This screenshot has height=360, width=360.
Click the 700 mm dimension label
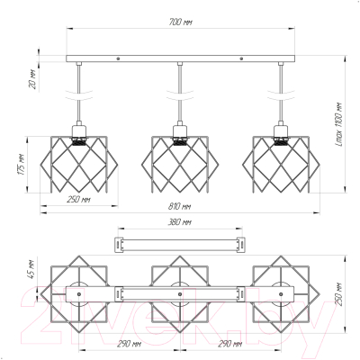coord(180,22)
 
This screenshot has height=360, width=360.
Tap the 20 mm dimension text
coord(33,79)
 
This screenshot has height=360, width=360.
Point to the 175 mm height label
coord(22,165)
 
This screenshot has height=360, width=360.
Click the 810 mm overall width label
coord(179,206)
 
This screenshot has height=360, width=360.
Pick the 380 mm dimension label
coord(179,222)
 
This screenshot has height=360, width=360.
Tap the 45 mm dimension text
coord(33,269)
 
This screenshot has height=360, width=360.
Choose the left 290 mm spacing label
coord(129,344)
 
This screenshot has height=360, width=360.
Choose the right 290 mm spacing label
coord(230,344)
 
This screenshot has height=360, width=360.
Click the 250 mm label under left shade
coord(78,199)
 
